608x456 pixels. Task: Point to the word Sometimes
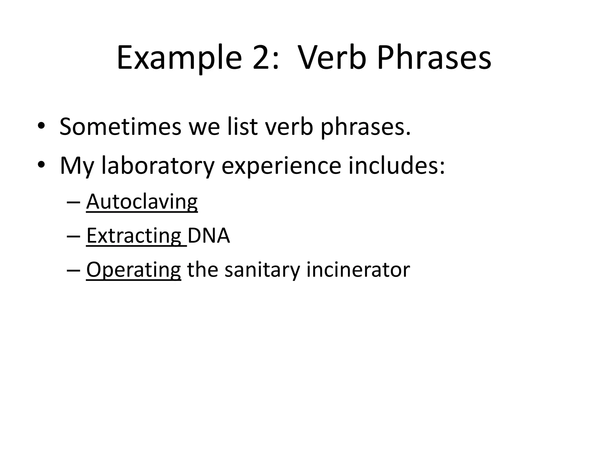(x=120, y=127)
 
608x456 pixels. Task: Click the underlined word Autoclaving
(x=142, y=202)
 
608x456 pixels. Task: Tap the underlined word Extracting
(x=134, y=236)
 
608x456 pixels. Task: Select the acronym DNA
(x=209, y=236)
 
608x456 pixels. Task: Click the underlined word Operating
(x=134, y=270)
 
